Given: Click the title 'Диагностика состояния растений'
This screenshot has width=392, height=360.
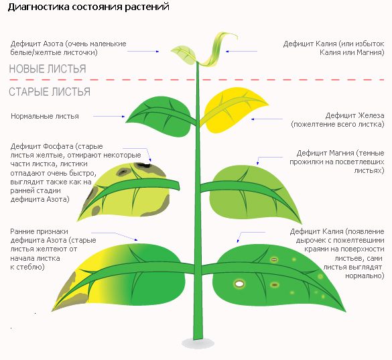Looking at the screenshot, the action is pyautogui.click(x=88, y=7).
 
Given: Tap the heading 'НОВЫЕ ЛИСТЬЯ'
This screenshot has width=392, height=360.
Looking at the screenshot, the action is pyautogui.click(x=48, y=69).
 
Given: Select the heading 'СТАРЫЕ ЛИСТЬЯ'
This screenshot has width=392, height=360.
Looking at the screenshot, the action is pyautogui.click(x=50, y=92).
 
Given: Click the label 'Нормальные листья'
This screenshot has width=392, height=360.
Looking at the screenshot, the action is pyautogui.click(x=45, y=116).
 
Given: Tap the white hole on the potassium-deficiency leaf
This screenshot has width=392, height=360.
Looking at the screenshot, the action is pyautogui.click(x=239, y=284).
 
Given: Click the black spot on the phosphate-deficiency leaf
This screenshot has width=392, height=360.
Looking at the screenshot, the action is pyautogui.click(x=143, y=165).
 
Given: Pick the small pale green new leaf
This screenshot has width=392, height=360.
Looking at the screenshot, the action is pyautogui.click(x=184, y=54).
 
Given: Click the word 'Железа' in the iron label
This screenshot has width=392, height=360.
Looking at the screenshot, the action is pyautogui.click(x=371, y=115).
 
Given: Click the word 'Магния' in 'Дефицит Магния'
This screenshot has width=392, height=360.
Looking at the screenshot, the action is pyautogui.click(x=342, y=153).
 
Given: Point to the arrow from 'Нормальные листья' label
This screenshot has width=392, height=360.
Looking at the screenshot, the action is pyautogui.click(x=109, y=117).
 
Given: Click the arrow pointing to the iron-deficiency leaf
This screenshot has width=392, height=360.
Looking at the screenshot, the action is pyautogui.click(x=267, y=119).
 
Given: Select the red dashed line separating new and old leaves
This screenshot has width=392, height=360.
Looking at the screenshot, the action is pyautogui.click(x=197, y=80).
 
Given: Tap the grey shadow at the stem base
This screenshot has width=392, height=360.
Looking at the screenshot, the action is pyautogui.click(x=198, y=343).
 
